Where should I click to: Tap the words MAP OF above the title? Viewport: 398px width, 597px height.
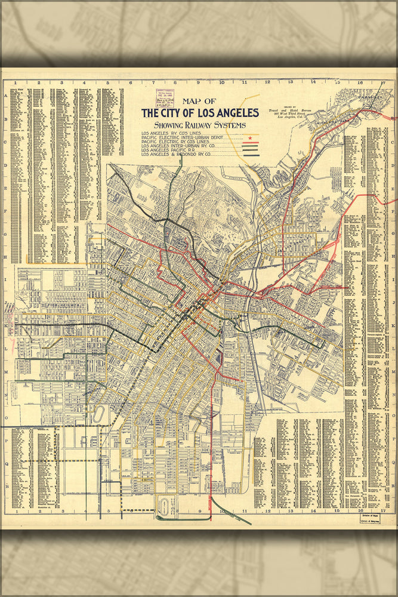point(200,101)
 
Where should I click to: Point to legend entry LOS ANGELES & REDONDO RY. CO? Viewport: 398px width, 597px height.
point(180,155)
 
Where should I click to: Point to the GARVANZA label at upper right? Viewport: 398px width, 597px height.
point(377,93)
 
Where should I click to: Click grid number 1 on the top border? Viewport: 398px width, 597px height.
point(17,83)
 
